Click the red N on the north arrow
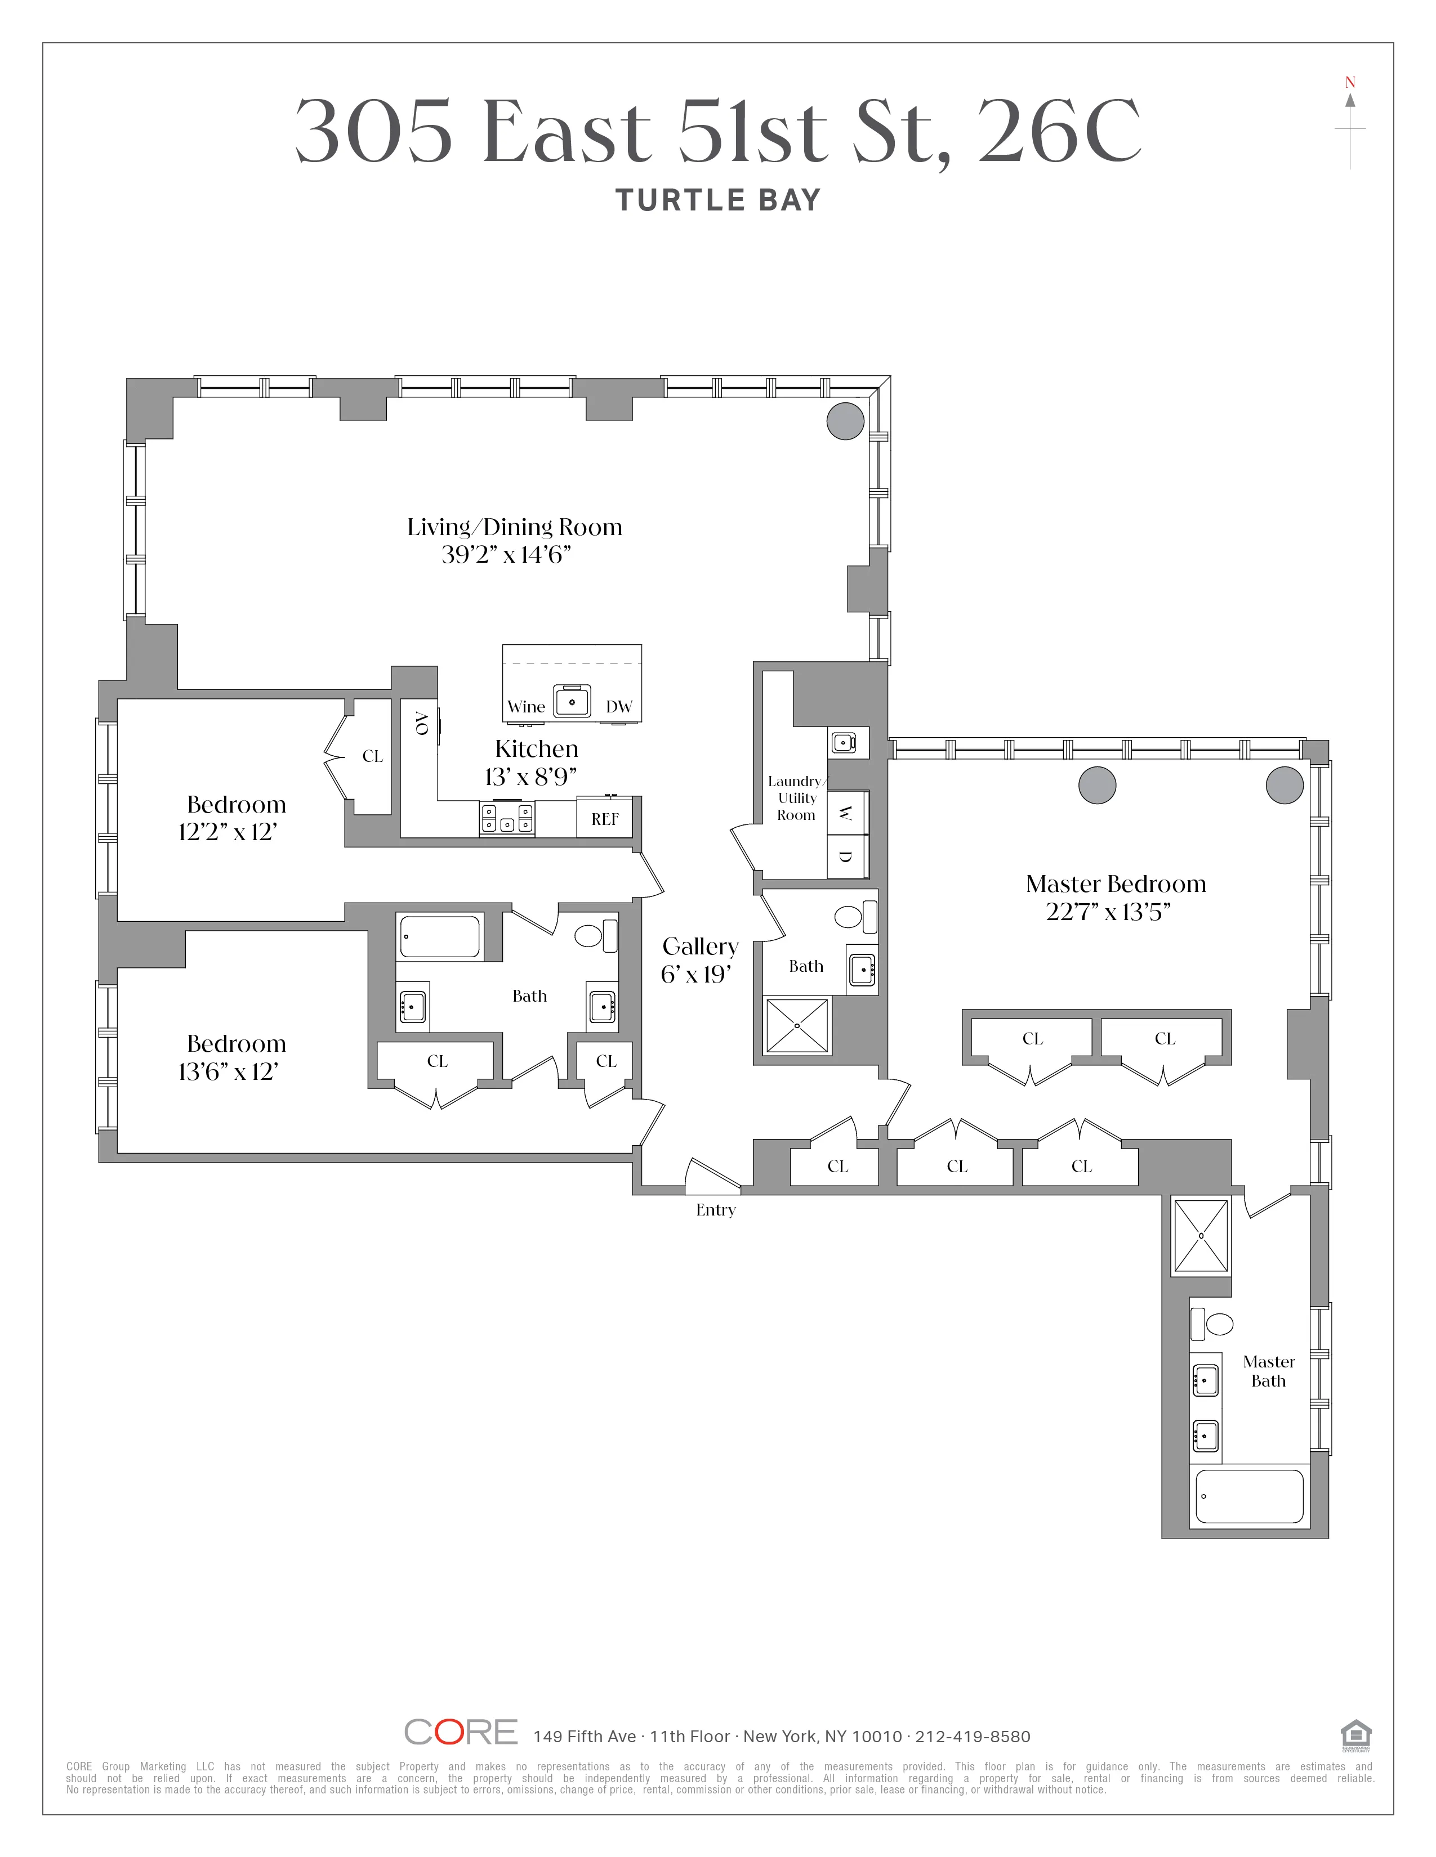click(1350, 83)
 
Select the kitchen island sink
click(573, 702)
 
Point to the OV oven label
click(420, 724)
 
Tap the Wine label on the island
click(526, 707)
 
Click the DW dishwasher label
click(618, 707)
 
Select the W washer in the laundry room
click(845, 813)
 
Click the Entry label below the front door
click(715, 1210)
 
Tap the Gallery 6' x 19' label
click(699, 960)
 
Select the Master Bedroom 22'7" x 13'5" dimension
click(1108, 912)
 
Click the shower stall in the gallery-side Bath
click(797, 1025)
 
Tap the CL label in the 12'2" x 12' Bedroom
click(373, 756)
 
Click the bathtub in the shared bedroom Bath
click(440, 936)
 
